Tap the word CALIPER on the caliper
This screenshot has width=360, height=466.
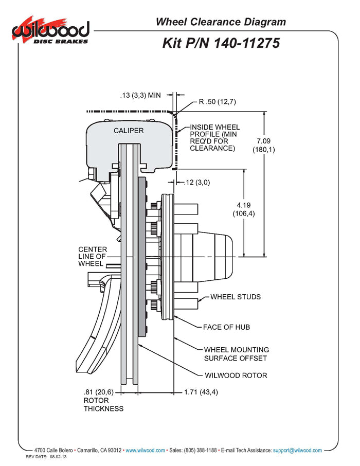129,131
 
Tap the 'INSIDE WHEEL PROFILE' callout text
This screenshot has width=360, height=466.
214,137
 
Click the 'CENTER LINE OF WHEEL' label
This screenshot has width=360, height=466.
93,257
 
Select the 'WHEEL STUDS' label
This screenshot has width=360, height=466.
236,297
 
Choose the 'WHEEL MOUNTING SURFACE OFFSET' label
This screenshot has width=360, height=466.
236,354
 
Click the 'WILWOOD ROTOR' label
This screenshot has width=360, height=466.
236,375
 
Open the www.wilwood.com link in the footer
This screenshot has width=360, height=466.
145,450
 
